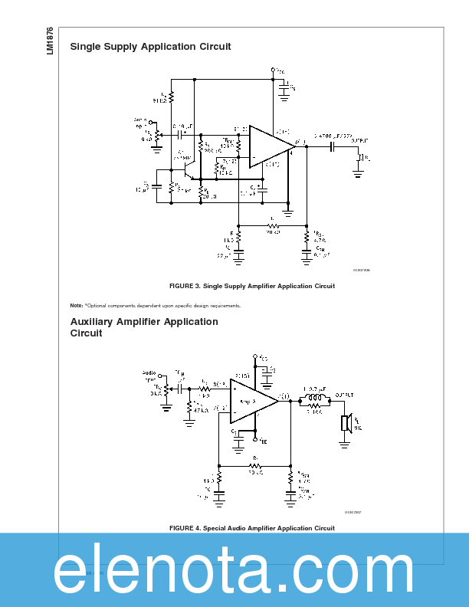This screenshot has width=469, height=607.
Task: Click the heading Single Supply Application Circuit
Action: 150,47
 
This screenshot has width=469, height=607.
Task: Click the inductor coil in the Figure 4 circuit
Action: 314,399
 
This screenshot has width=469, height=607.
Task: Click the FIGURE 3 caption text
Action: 251,286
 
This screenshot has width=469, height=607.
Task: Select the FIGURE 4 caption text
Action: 251,528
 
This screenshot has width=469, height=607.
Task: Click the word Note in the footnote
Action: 76,306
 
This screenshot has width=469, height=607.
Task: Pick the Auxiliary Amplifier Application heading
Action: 144,327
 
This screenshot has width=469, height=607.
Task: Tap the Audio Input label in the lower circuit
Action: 149,376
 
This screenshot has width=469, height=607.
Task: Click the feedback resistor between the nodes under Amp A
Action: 254,464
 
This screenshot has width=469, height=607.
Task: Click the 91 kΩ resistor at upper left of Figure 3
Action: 171,97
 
